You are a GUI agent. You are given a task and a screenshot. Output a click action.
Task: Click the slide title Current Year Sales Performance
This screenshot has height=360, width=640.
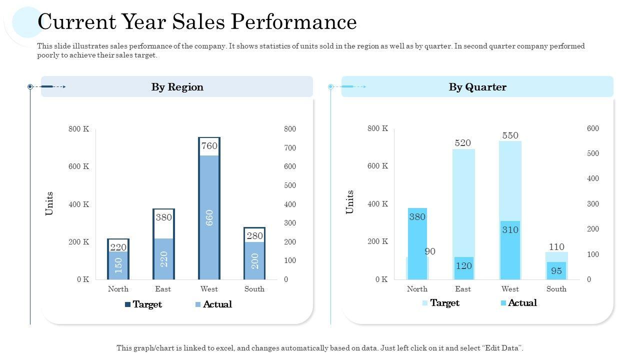(x=197, y=22)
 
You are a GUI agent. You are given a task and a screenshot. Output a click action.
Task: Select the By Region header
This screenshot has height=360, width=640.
(x=177, y=87)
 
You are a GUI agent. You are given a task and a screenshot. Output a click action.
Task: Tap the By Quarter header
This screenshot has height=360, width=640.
(x=477, y=87)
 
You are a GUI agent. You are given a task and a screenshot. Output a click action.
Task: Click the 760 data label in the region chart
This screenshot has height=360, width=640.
(x=209, y=146)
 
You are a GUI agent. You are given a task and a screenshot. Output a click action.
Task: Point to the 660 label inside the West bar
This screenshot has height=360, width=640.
(x=209, y=217)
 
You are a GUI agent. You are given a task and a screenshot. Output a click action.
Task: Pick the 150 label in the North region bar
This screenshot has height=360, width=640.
(x=118, y=265)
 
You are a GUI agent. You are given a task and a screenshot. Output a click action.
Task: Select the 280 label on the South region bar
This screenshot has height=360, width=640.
(x=254, y=235)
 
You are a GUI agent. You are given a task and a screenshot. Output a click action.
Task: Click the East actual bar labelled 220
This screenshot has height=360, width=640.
(x=163, y=258)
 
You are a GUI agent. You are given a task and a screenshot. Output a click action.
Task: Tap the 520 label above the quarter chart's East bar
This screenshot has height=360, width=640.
(x=462, y=143)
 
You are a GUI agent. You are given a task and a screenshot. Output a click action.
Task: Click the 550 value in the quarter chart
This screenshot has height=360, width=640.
(x=510, y=135)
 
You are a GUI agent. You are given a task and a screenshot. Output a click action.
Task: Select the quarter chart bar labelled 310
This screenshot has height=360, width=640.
(x=510, y=249)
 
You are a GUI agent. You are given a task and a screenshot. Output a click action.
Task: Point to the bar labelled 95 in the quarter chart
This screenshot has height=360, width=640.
(x=556, y=270)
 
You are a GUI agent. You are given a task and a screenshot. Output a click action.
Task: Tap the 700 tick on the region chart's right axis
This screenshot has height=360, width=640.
(x=290, y=148)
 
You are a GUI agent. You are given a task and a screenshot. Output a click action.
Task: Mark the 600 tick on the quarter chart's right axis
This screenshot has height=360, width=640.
(x=592, y=128)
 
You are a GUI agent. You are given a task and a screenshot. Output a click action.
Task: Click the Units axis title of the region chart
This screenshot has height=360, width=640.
(x=49, y=203)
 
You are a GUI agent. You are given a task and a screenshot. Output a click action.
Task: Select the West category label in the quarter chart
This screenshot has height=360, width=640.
(x=510, y=289)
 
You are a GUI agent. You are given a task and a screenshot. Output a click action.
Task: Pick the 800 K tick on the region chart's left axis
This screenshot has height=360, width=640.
(x=78, y=129)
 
